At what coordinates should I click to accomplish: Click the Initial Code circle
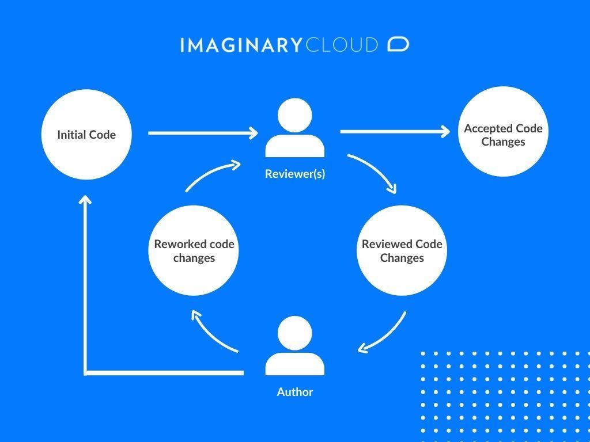tap(86, 135)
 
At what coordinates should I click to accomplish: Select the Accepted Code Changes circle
tap(503, 132)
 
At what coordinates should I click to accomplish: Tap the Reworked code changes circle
tap(194, 251)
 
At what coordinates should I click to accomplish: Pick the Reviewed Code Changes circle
tap(402, 251)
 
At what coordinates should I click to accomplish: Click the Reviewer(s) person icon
tap(294, 129)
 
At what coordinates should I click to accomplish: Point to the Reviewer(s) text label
tap(295, 174)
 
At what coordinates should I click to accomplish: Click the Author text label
tap(295, 392)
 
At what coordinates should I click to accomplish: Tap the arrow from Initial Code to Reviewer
tap(202, 134)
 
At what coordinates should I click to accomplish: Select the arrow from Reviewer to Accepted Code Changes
tap(394, 132)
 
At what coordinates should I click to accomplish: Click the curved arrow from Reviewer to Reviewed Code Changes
tap(376, 170)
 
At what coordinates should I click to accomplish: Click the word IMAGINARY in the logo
tap(240, 45)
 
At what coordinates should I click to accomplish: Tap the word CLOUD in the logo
tap(342, 45)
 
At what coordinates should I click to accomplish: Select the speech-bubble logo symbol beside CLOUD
tap(398, 44)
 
